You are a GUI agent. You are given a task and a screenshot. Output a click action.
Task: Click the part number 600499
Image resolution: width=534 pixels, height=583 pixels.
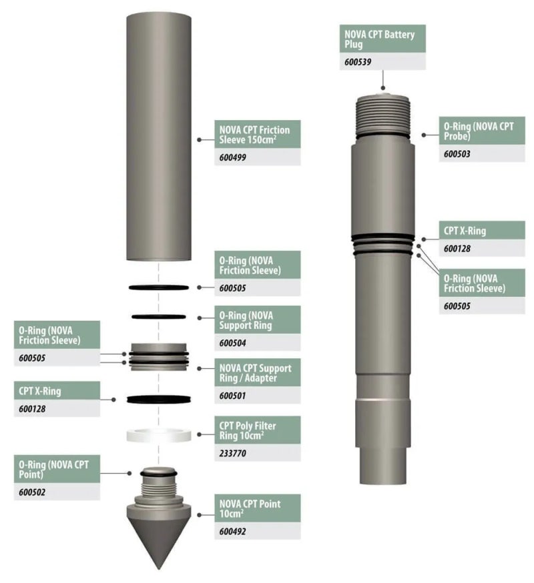[x=232, y=157]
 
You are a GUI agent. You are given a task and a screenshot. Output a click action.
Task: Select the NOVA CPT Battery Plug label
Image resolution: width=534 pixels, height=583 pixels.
[x=379, y=39]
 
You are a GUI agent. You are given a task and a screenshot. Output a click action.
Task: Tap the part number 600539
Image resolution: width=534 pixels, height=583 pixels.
[x=358, y=62]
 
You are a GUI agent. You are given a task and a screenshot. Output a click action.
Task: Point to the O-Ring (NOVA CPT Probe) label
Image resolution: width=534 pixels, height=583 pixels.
[x=479, y=131]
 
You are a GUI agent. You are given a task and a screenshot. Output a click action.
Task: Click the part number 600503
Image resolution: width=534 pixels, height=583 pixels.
[x=457, y=153]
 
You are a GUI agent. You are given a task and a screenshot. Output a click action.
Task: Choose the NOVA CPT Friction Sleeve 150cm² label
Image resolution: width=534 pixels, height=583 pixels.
[x=254, y=134]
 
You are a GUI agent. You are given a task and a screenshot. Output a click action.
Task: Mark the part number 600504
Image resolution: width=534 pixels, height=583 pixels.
[x=232, y=343]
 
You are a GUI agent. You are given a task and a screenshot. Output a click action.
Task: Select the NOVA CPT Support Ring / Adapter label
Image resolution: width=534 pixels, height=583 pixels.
[x=255, y=373]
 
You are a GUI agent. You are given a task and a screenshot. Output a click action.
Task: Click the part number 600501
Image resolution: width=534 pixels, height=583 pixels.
[x=232, y=396]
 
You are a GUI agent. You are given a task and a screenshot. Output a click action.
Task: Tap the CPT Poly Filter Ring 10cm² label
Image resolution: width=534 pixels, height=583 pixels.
[x=248, y=430]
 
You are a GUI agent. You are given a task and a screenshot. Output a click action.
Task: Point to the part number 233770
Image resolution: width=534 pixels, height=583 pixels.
[x=232, y=453]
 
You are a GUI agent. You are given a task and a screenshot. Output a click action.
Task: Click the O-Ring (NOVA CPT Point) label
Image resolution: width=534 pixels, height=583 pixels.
[x=54, y=469]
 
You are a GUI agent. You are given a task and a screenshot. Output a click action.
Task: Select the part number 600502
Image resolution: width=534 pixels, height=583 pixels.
[x=32, y=492]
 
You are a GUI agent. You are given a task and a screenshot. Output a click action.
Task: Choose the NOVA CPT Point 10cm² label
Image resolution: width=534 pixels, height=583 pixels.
[x=250, y=509]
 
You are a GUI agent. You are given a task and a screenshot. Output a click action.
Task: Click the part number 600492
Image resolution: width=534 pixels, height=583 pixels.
[x=232, y=532]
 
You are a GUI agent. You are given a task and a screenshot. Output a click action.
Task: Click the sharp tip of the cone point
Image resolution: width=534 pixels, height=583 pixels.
[x=159, y=569]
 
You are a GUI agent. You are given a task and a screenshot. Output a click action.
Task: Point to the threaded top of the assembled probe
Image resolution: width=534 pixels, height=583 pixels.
[x=383, y=115]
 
